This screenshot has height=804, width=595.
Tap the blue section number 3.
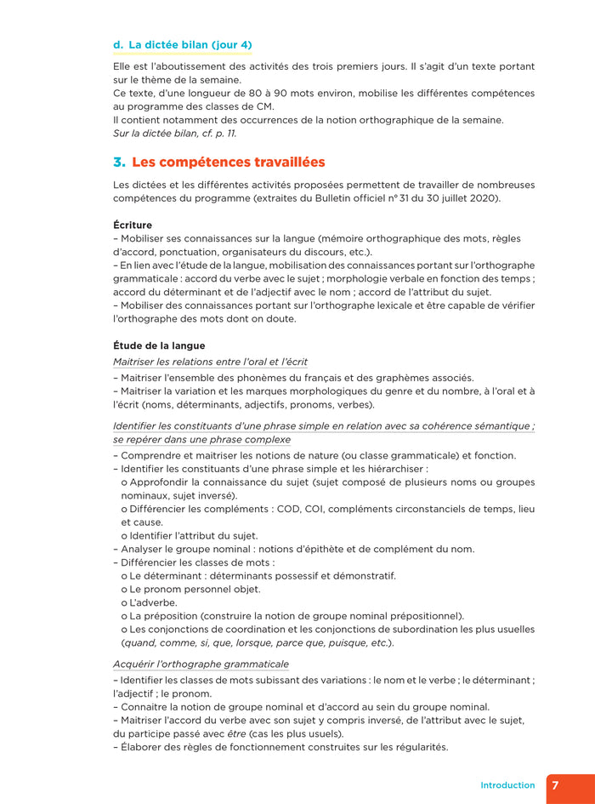tap(119, 162)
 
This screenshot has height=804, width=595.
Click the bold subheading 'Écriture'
tap(133, 225)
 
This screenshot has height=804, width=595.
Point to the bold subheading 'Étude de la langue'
tap(159, 345)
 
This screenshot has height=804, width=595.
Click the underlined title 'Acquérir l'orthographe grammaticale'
tap(201, 664)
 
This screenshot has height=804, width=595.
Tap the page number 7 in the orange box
tap(555, 785)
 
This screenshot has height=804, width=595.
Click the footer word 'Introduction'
tap(507, 785)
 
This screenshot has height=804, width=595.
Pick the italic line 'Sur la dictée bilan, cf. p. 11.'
tap(175, 133)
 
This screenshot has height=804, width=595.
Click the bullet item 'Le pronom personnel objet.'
tap(195, 589)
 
